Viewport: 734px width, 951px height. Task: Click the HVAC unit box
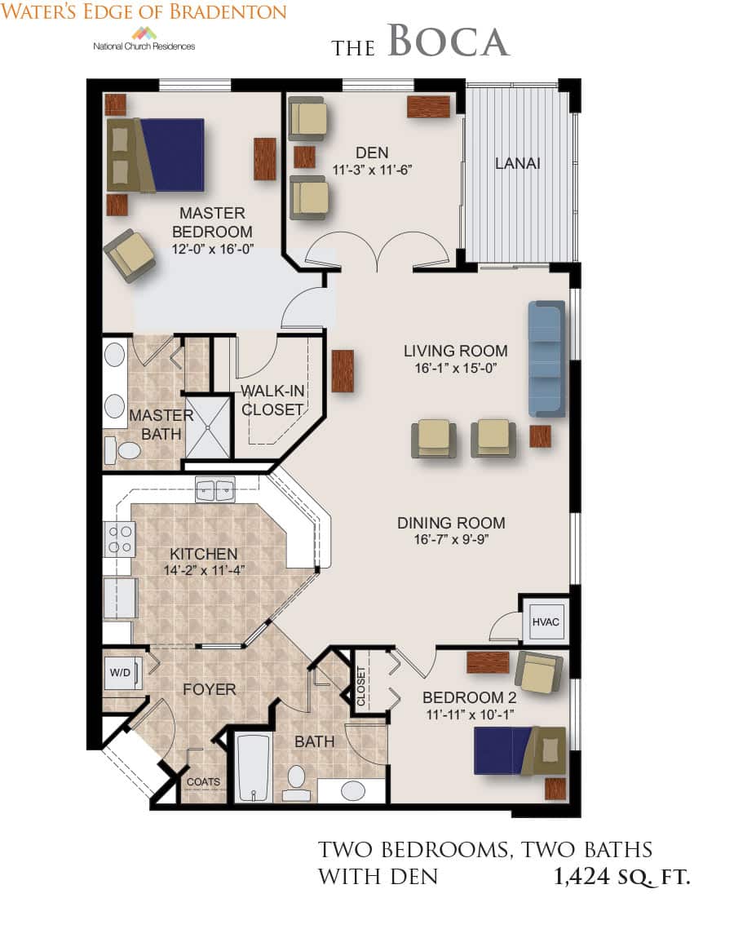click(x=546, y=621)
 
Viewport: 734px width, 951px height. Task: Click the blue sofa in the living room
click(x=546, y=359)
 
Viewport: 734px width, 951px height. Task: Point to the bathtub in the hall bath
click(x=253, y=768)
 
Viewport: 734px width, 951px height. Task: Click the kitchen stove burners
click(x=120, y=539)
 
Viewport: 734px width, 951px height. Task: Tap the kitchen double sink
click(x=214, y=490)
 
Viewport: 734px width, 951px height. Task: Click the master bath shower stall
click(x=208, y=427)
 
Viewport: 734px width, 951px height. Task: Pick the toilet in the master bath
click(x=122, y=450)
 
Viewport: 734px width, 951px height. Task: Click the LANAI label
click(x=517, y=163)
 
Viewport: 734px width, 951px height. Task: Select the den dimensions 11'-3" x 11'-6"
click(x=372, y=170)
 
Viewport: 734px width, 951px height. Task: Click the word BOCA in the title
click(x=449, y=42)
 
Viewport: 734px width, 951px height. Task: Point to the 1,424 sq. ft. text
click(x=621, y=877)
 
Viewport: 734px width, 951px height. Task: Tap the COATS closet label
click(x=203, y=782)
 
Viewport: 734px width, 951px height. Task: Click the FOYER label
click(x=210, y=689)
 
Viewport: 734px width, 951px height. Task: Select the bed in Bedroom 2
click(x=520, y=751)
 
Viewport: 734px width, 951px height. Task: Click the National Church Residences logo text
click(x=144, y=46)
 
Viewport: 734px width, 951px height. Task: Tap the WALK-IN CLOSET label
click(x=272, y=400)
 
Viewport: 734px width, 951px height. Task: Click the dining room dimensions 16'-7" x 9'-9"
click(x=451, y=539)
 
